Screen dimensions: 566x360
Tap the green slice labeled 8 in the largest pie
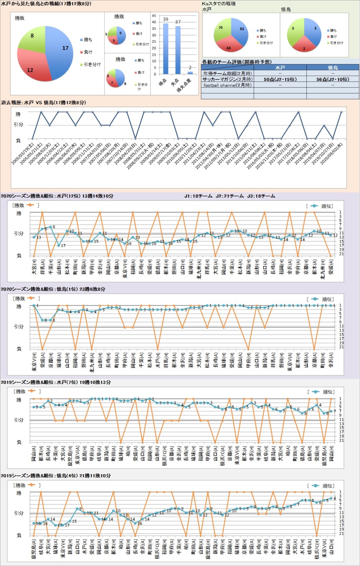32,38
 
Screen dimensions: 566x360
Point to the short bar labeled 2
190,72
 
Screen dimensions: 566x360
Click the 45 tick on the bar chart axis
154,16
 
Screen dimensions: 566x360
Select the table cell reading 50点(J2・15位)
280,79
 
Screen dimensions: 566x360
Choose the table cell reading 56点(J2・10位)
333,79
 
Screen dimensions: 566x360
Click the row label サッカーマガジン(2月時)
227,79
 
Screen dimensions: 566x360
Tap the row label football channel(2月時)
227,85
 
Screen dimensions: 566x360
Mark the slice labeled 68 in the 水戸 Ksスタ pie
229,45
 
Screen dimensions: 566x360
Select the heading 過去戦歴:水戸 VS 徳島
43,103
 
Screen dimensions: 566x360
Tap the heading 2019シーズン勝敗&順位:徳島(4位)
55,476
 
